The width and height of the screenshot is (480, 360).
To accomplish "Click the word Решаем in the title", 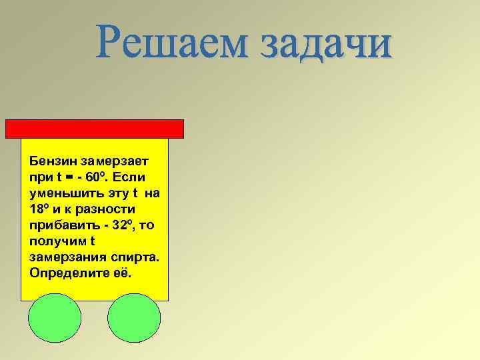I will click(x=170, y=43).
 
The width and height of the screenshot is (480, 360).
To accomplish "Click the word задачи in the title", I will click(x=325, y=43).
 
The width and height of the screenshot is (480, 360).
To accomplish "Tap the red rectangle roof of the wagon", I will click(x=95, y=129).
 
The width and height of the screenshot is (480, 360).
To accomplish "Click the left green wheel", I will click(x=55, y=317).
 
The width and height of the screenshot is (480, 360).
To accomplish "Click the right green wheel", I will click(x=135, y=317).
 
